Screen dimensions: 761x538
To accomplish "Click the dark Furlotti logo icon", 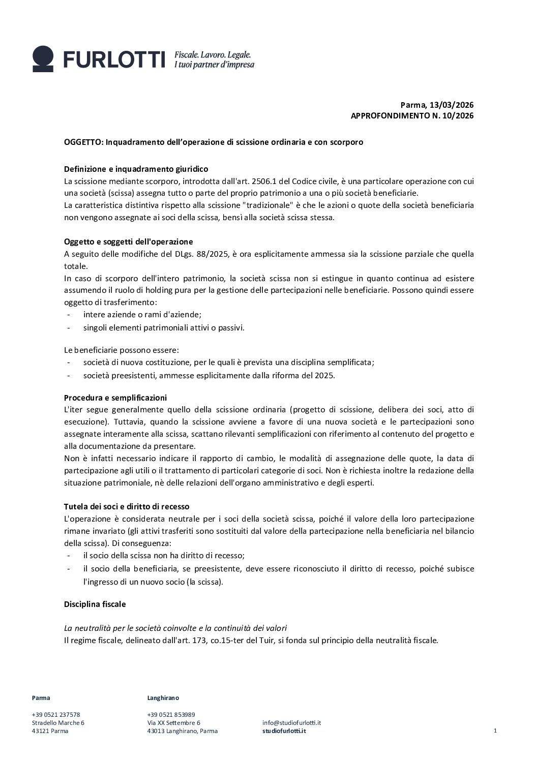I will point(43,59).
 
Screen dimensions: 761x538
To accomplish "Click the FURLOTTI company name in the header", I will point(114,59).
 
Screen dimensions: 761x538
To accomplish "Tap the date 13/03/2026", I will point(452,105).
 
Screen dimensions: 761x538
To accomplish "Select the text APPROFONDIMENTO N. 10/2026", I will point(412,116).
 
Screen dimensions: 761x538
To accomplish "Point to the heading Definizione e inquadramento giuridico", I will point(136,169).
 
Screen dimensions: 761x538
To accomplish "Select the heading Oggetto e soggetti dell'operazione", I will point(128,241).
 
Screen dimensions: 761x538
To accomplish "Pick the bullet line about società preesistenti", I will point(209,375).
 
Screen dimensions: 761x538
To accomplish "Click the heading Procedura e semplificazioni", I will point(115,398).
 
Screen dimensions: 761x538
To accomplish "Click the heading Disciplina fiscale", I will point(95,604).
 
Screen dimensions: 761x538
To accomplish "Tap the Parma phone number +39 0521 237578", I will point(56,714).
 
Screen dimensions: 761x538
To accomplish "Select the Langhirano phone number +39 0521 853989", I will point(171,714).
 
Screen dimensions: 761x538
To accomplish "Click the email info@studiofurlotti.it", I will point(291,722).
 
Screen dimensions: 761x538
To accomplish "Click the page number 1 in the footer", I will point(495,731).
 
